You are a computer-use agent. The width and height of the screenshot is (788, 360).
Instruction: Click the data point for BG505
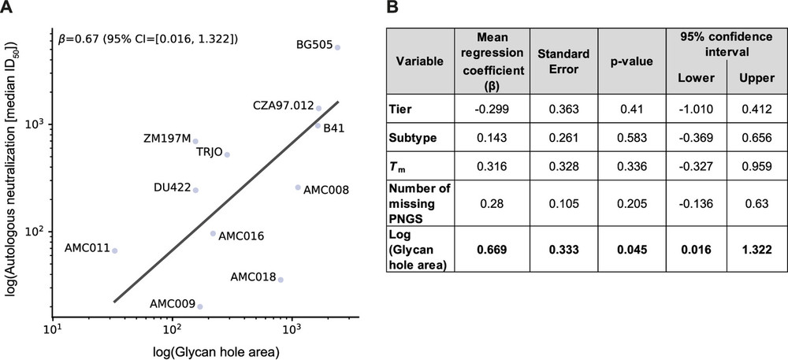click(337, 47)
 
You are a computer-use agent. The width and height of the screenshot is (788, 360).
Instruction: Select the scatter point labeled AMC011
click(115, 251)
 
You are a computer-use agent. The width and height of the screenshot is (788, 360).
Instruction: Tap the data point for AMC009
click(200, 306)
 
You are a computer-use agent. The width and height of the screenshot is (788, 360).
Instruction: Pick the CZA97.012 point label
click(283, 105)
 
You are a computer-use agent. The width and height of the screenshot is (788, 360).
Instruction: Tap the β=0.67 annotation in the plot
click(149, 38)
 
